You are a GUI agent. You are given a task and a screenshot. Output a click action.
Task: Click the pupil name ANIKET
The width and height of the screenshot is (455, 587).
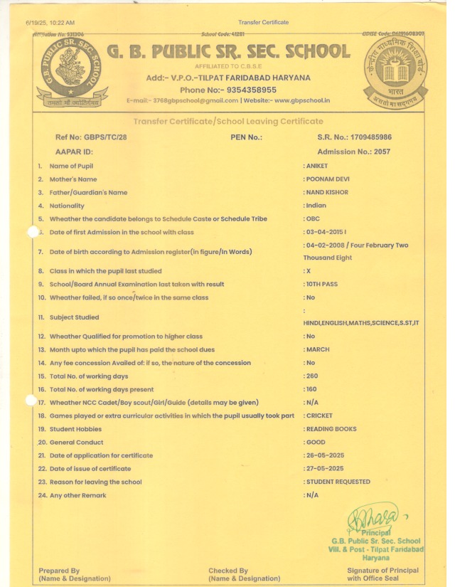coord(318,166)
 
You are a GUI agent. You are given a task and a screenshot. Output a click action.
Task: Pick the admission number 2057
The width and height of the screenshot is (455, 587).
coord(383,152)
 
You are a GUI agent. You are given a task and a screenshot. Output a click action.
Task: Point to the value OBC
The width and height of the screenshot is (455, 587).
coord(313,219)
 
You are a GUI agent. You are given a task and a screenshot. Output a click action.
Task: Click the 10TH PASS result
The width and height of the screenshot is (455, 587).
coord(324,284)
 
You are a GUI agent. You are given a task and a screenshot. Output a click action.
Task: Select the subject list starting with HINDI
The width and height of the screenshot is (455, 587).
coord(361,323)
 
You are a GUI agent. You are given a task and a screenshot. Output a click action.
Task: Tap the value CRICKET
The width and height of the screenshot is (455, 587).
coord(319,416)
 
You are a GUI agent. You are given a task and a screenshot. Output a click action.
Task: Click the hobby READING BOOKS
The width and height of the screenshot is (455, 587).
coord(332,429)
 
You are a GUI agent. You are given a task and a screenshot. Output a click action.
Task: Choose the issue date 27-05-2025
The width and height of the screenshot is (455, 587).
coord(325,468)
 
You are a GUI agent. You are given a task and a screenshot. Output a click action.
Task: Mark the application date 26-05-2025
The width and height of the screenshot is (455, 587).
coord(325,455)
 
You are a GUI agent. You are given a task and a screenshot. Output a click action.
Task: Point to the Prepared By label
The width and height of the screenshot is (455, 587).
coord(59,571)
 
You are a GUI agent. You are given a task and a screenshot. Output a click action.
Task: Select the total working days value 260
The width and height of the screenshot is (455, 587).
coord(312,376)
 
